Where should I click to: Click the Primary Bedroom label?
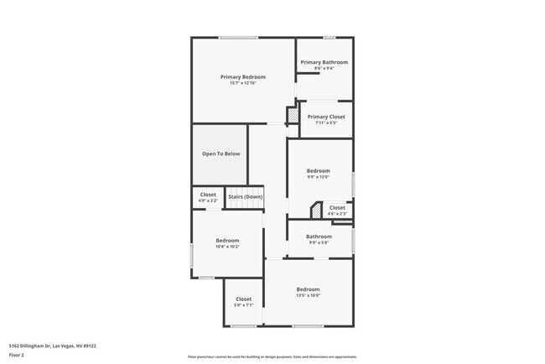[242, 76]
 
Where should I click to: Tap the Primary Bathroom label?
[324, 62]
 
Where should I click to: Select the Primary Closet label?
[326, 117]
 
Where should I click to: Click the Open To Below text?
[221, 153]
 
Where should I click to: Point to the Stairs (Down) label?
[245, 195]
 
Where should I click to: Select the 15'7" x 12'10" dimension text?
[242, 83]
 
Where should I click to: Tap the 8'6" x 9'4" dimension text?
[324, 69]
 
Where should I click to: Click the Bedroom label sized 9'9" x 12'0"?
[318, 170]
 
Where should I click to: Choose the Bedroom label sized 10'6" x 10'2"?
[227, 240]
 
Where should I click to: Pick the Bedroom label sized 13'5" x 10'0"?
[308, 289]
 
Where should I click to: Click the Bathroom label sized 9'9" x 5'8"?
[319, 237]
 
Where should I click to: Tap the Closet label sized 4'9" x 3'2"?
[208, 195]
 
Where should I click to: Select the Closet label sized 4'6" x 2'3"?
[337, 207]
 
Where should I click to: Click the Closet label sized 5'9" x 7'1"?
[243, 299]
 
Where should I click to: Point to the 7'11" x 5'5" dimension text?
[326, 123]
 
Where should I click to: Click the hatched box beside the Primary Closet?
[293, 115]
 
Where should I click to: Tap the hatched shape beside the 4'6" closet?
[317, 210]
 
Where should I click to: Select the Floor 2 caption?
[16, 355]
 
